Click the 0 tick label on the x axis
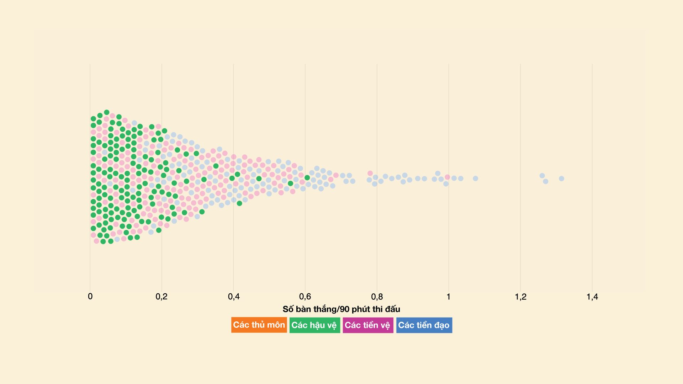[x=90, y=297]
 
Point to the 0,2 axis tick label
[x=162, y=297]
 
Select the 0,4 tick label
[x=234, y=297]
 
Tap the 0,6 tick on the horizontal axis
[x=305, y=297]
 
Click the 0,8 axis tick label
[x=377, y=297]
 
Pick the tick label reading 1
[x=449, y=297]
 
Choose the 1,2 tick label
[x=520, y=297]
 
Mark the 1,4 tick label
[x=592, y=297]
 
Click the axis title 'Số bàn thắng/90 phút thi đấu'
[x=341, y=309]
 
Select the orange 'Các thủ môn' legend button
[x=259, y=325]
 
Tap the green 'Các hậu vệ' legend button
[x=314, y=325]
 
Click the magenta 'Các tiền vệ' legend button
[x=368, y=325]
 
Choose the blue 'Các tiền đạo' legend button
[x=424, y=325]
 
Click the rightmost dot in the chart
[x=561, y=178]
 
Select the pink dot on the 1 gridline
[x=448, y=177]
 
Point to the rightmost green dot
[x=307, y=177]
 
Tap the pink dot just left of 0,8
[x=370, y=173]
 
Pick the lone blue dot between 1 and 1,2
[x=475, y=178]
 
